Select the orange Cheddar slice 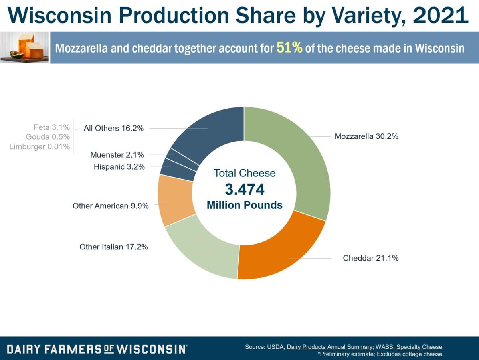click(279, 251)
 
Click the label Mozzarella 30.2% click(366, 136)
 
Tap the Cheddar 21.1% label click(371, 258)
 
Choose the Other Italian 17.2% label click(114, 247)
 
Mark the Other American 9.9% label click(111, 206)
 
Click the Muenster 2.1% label click(117, 155)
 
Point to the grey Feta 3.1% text click(51, 128)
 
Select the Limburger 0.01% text click(40, 147)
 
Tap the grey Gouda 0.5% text click(48, 137)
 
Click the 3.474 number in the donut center click(244, 190)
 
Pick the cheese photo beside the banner click(24, 47)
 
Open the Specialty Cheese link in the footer click(419, 347)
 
